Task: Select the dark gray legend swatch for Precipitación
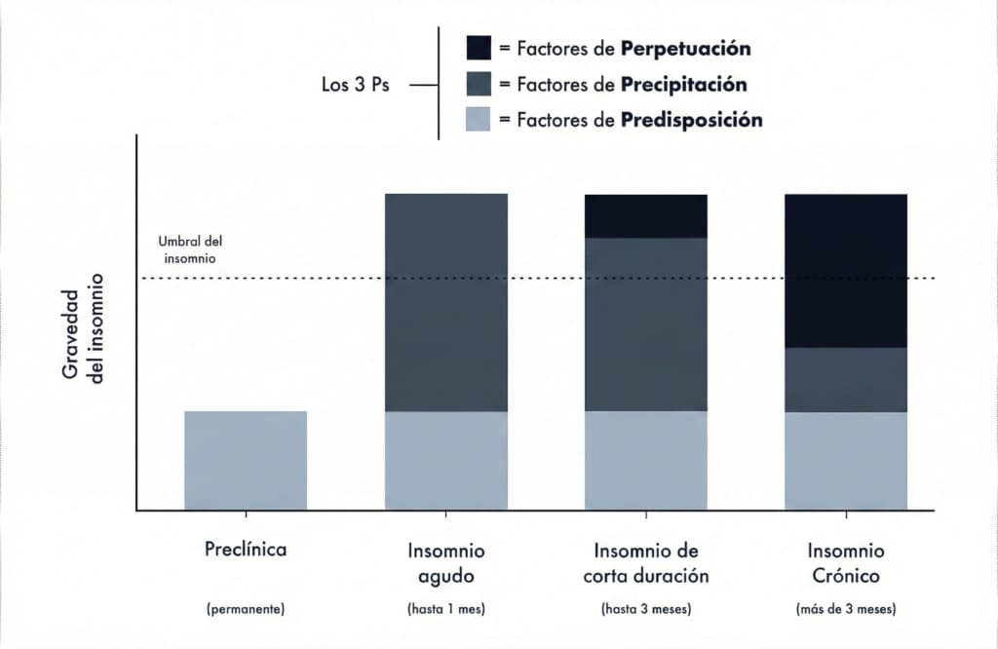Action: tap(479, 85)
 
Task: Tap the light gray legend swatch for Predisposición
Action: tap(479, 120)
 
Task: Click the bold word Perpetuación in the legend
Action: tap(685, 49)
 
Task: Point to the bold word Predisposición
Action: tap(691, 121)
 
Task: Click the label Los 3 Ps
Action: tap(356, 85)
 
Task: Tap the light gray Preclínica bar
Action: tap(246, 460)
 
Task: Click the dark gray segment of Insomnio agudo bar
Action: tap(446, 302)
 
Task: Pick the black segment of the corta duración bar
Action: tap(645, 215)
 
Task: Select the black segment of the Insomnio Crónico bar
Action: tap(846, 270)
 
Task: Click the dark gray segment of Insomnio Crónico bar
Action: tap(846, 379)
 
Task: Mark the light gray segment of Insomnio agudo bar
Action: tap(446, 460)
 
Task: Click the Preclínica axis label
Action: tap(246, 550)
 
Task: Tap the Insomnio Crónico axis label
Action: tap(846, 562)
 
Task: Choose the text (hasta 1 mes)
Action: tap(445, 610)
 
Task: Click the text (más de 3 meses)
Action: tap(846, 610)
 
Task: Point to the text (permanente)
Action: tap(246, 610)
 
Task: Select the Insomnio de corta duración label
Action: tap(645, 562)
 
